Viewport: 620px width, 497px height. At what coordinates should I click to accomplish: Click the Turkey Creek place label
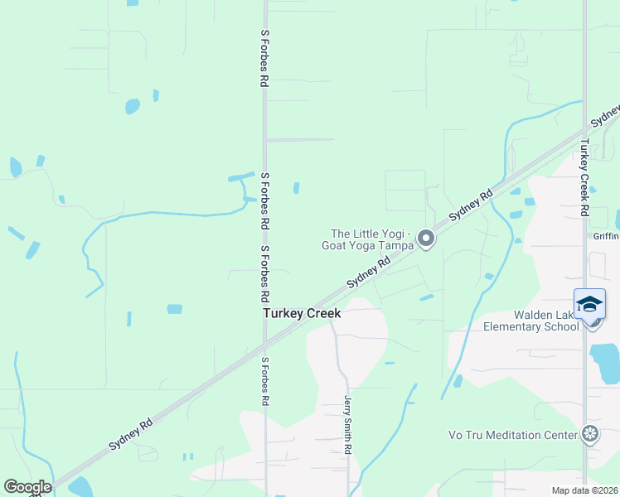[302, 314]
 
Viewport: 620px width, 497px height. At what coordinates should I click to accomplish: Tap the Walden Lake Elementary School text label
[531, 321]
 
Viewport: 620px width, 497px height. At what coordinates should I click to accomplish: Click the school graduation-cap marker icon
[589, 305]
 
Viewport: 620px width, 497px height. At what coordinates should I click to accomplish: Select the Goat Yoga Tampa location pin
[426, 239]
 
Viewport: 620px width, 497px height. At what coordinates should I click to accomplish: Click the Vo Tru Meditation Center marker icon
[590, 433]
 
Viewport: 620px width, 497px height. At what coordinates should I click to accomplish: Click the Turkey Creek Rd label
[584, 177]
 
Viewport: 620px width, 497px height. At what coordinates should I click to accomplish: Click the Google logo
[27, 487]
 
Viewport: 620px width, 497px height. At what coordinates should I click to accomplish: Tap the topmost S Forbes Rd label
[264, 59]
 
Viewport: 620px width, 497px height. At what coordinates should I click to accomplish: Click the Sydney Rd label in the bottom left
[131, 434]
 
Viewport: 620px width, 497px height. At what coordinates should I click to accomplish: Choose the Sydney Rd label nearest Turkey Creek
[369, 273]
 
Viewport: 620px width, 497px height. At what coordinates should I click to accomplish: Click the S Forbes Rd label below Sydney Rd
[264, 381]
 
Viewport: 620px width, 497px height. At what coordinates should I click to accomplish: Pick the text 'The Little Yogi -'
[371, 234]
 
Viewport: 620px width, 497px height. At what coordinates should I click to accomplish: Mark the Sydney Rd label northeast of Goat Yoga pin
[471, 205]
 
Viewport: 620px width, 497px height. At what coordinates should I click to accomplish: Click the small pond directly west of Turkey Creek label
[174, 309]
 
